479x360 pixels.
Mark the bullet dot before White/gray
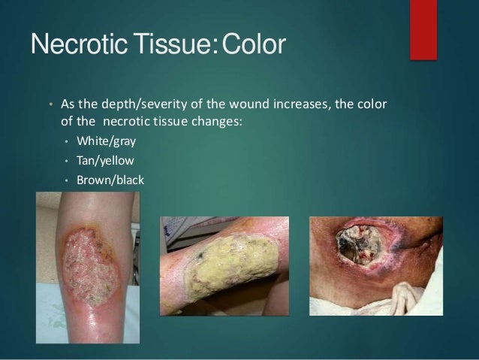67,141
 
